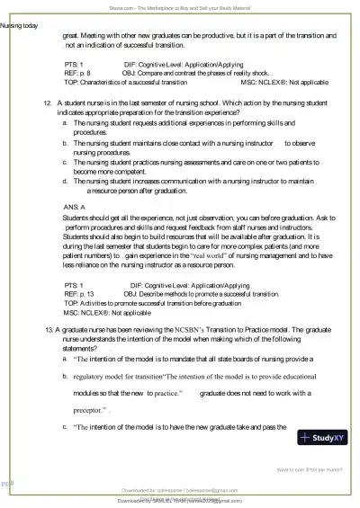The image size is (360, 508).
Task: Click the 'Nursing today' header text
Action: [x=19, y=25]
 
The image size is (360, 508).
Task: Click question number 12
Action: [x=49, y=104]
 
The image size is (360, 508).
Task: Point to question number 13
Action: [x=49, y=331]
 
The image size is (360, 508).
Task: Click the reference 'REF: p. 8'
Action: [x=77, y=73]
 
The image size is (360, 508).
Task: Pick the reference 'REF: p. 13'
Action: [x=79, y=294]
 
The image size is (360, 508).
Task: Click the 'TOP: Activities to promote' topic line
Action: [x=143, y=304]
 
